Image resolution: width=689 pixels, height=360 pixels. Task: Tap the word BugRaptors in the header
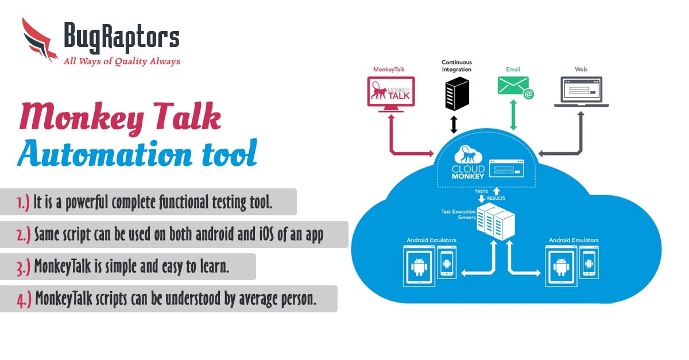[x=122, y=37]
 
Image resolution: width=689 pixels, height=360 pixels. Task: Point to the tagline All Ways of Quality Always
[x=122, y=61]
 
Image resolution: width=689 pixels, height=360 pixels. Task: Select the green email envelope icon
[x=513, y=87]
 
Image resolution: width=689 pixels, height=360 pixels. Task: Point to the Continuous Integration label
[x=456, y=65]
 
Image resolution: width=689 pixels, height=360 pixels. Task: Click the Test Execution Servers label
[x=458, y=214]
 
